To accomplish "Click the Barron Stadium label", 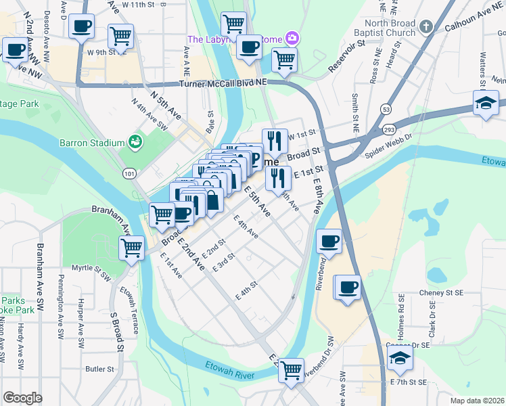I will click(x=92, y=143).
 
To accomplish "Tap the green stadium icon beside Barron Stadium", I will click(x=135, y=142).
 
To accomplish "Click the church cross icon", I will click(x=425, y=27).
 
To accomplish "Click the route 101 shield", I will click(x=129, y=174).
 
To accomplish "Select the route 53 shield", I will click(x=386, y=109).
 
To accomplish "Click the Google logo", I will click(x=23, y=397).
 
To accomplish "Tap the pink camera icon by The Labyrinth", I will click(x=292, y=38).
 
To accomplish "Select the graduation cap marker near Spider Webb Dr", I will click(x=486, y=104).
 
